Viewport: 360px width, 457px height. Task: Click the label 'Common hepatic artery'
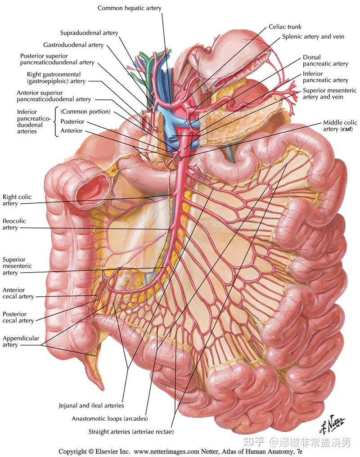click(130, 8)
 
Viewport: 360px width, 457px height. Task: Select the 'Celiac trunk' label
click(285, 27)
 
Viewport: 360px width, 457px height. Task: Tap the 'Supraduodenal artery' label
click(89, 33)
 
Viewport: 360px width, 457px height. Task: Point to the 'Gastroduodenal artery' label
click(73, 45)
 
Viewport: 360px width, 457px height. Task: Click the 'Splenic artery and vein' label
click(313, 37)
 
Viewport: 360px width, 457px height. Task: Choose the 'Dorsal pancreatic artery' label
click(325, 60)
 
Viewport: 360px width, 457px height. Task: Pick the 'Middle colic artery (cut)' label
click(340, 125)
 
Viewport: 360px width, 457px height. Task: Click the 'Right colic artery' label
click(17, 200)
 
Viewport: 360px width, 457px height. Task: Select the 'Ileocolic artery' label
click(14, 224)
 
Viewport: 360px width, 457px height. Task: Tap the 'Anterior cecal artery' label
click(18, 293)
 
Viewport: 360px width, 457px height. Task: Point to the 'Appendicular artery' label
click(21, 341)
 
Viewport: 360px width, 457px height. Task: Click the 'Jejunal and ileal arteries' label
click(91, 405)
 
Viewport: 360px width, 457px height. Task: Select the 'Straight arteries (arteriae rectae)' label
click(131, 432)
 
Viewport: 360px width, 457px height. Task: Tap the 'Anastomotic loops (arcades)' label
click(110, 418)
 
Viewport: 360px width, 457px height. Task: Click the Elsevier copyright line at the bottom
click(180, 452)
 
